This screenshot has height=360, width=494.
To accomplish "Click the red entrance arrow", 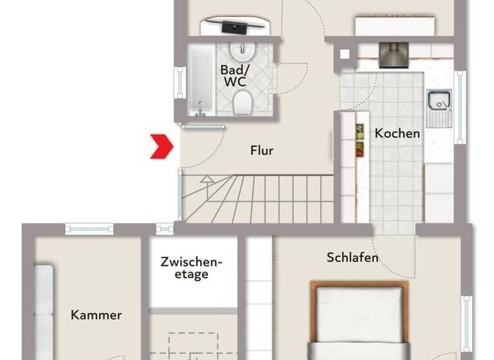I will [161, 146].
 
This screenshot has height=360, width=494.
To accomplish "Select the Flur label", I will [262, 151].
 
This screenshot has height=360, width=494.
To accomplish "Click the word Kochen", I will [398, 134].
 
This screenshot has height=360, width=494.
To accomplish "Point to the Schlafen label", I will [352, 258].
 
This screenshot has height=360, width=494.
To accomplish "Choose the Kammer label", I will [96, 315].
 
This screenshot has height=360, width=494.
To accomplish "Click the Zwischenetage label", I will [191, 268].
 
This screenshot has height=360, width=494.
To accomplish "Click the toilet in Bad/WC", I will [242, 102].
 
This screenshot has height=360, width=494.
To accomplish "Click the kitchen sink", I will [439, 102].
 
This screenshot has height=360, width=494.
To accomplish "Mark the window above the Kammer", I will [89, 228].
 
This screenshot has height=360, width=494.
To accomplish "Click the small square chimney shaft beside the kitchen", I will [346, 55].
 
